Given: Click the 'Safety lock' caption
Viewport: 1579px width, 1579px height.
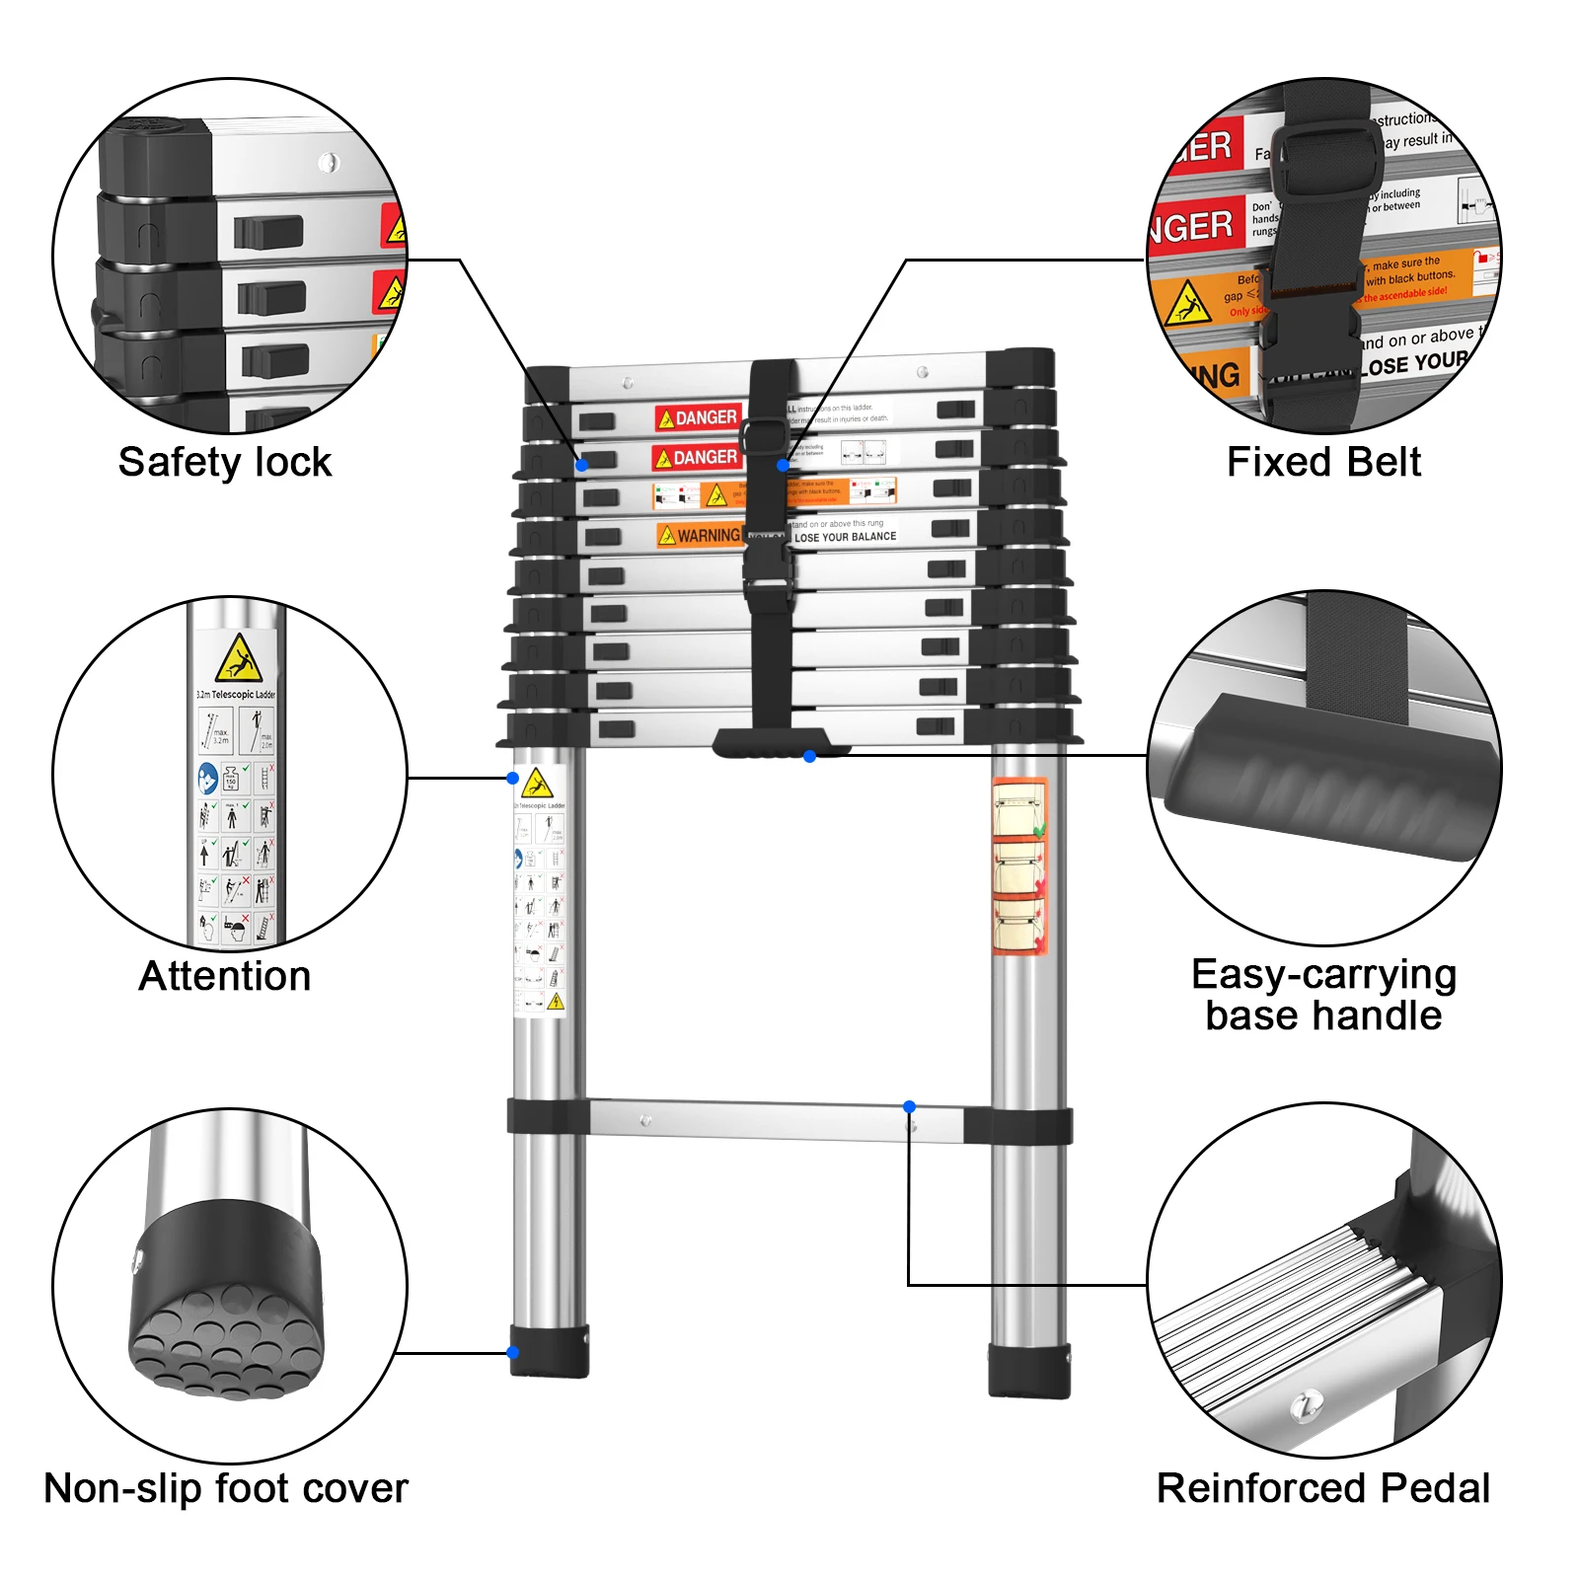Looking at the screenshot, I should coord(225,462).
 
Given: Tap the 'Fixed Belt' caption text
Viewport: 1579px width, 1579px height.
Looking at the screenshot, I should coord(1323,462).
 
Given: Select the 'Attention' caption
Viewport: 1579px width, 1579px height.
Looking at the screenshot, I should coord(225,976).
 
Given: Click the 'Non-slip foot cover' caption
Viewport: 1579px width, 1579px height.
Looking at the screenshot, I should coord(225,1488).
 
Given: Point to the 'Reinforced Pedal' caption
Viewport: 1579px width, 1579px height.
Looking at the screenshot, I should coord(1323,1488).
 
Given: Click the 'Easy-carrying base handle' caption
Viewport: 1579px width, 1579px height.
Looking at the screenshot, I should coord(1323,995).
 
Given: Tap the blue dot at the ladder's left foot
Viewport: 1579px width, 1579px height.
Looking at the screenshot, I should coord(513,1352).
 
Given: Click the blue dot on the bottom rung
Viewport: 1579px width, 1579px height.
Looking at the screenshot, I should coord(909,1107).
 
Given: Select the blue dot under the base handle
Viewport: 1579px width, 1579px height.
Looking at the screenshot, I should coord(809,757).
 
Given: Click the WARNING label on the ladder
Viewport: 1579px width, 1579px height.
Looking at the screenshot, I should coord(700,535).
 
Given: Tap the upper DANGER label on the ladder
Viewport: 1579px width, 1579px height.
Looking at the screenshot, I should coord(698,417).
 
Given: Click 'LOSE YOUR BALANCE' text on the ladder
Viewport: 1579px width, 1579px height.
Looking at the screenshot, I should coord(845,537).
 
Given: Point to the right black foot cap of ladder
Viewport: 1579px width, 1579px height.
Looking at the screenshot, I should coord(1029,1370).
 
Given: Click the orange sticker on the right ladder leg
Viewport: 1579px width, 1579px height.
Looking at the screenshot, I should coord(1019,866).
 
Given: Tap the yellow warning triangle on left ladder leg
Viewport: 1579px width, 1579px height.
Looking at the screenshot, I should coord(537,785).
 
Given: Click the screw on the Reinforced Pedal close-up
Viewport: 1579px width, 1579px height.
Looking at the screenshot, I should coord(1307,1403).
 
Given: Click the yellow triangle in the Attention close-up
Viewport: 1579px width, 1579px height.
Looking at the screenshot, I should coord(238,659).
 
